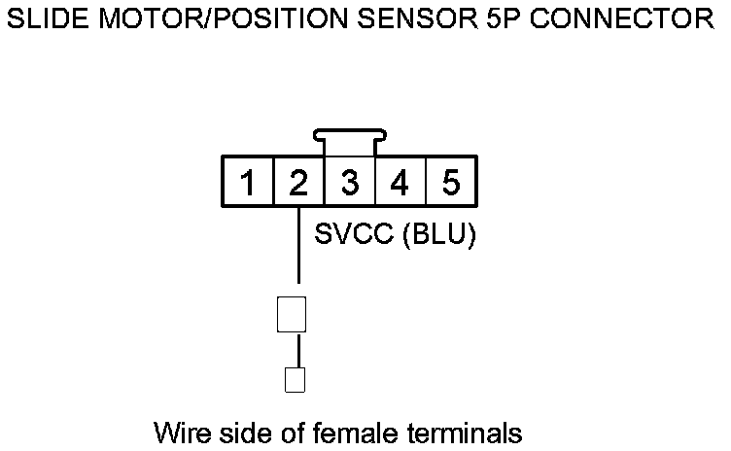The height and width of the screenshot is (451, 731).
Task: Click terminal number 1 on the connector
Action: point(249,182)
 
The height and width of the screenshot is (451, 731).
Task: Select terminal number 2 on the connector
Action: point(298,182)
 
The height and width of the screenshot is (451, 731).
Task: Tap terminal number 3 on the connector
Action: point(349,182)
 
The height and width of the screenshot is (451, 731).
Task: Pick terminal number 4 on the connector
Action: point(400,182)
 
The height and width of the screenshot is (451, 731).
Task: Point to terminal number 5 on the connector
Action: point(450,182)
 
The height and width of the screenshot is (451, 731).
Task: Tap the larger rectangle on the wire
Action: point(293,315)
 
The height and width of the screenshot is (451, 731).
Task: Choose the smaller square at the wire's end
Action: point(294,379)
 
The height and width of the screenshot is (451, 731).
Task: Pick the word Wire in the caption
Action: point(179,431)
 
